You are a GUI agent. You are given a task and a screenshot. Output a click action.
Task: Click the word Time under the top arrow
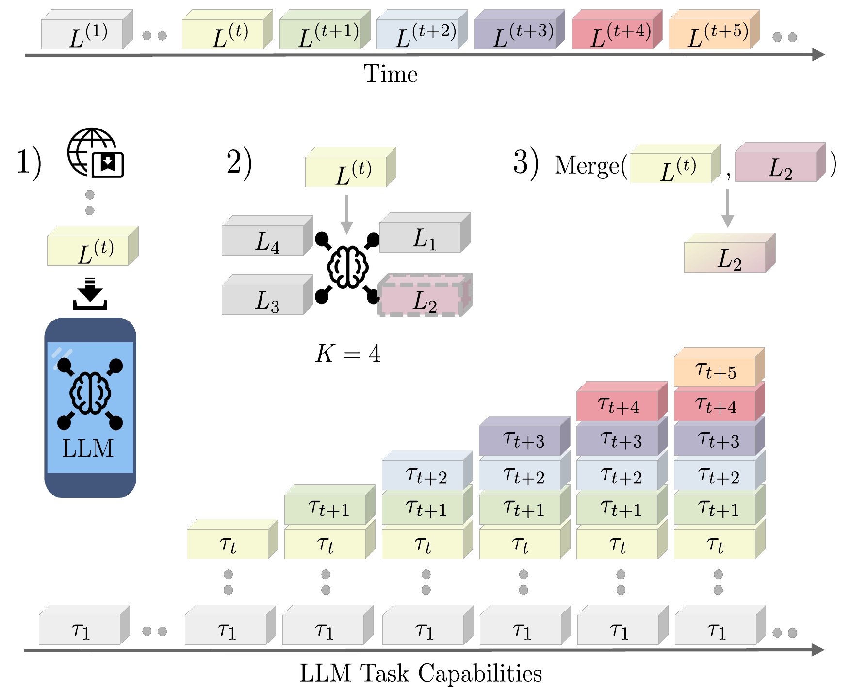tap(391, 74)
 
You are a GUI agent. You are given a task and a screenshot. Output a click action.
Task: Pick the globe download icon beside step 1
tap(95, 153)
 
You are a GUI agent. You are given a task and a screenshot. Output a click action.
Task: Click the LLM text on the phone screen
tap(88, 448)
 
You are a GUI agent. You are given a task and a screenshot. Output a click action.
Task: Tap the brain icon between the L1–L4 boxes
tap(347, 267)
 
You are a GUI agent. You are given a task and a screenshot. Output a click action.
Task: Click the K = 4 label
tap(347, 354)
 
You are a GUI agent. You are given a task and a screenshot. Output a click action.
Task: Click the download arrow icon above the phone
tap(90, 294)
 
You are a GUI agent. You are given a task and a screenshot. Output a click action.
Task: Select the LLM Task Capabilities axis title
tap(421, 673)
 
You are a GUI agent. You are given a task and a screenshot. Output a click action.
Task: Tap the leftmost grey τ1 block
tap(80, 629)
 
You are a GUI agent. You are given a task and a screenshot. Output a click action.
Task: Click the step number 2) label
tap(239, 162)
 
